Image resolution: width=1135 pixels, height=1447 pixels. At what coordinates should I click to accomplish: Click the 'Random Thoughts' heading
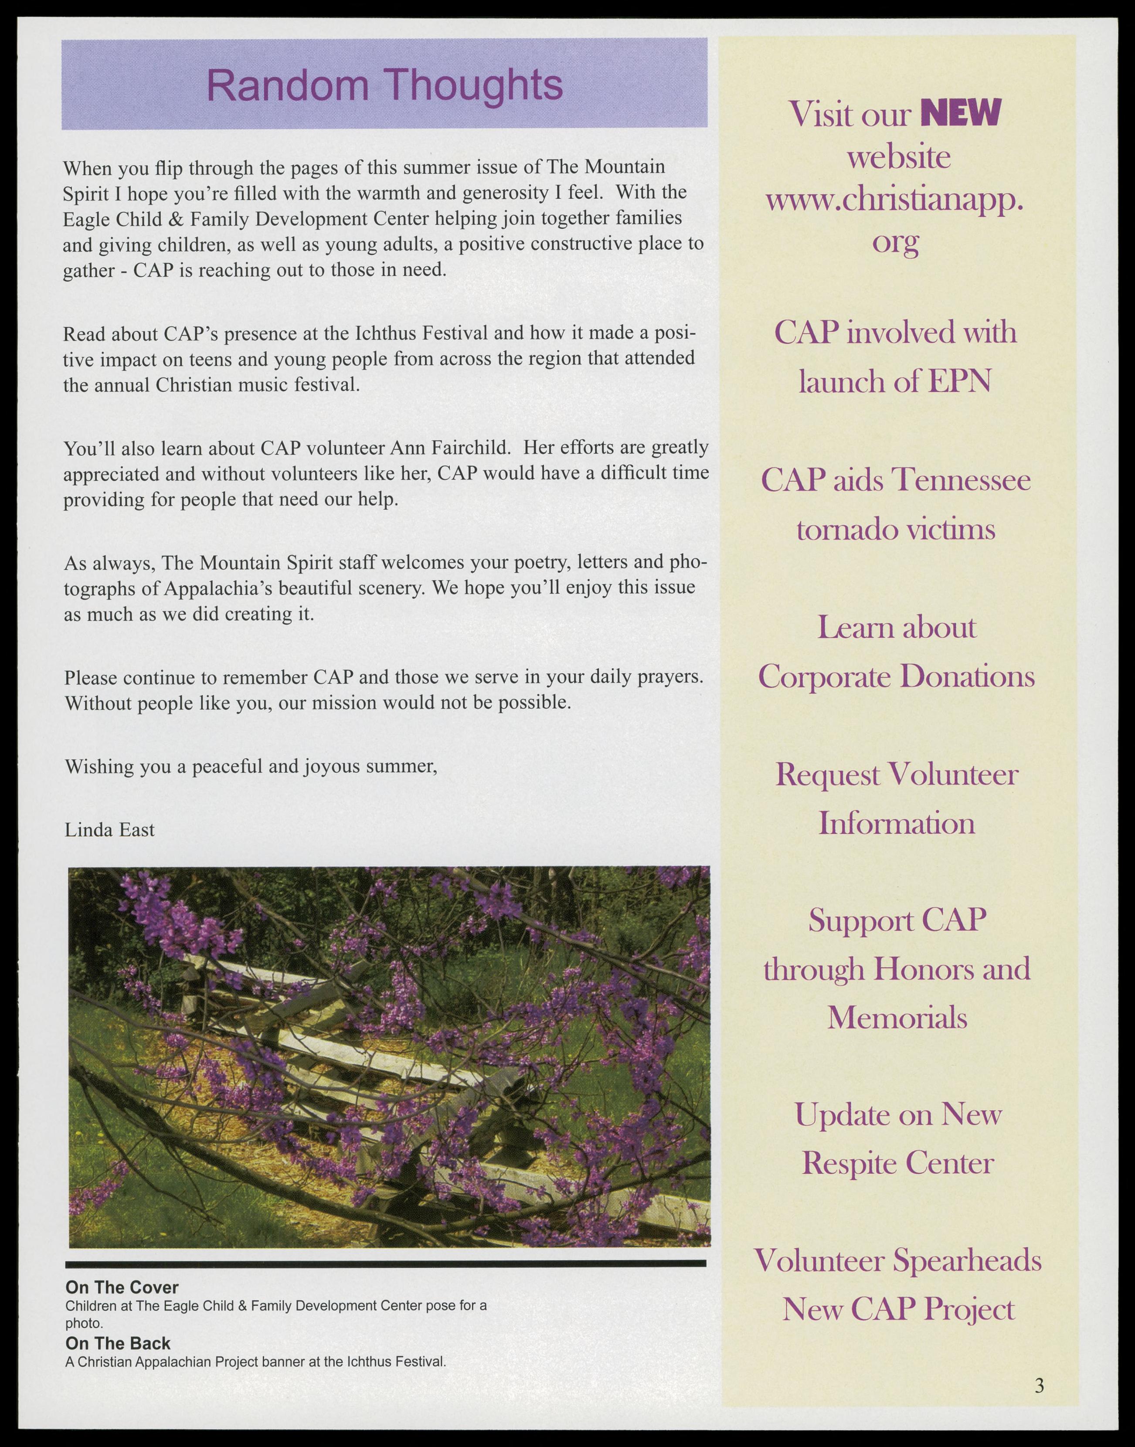click(x=385, y=85)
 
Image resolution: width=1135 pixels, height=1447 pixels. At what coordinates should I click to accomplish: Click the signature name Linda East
click(x=110, y=830)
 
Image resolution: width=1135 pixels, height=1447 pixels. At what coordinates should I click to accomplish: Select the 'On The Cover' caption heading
click(x=122, y=1287)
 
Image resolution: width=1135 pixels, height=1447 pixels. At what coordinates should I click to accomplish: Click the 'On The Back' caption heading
click(x=118, y=1343)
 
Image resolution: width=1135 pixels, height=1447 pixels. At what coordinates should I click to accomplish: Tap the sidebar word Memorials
click(x=897, y=1017)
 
